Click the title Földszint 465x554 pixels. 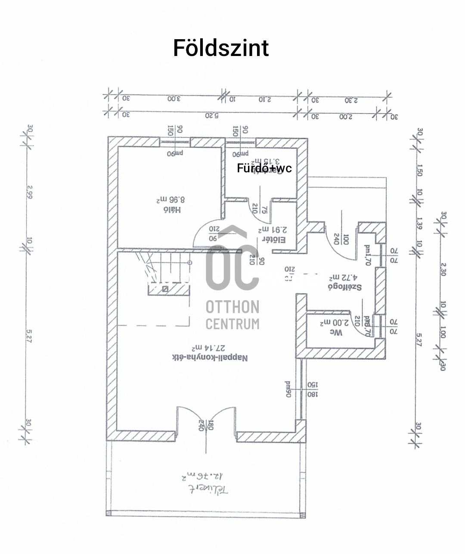tap(221, 48)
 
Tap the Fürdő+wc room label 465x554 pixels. tap(264, 168)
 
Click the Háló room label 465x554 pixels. tap(171, 210)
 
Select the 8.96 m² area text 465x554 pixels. tap(170, 199)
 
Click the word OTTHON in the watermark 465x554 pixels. tap(232, 307)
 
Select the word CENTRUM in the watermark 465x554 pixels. tap(232, 323)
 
